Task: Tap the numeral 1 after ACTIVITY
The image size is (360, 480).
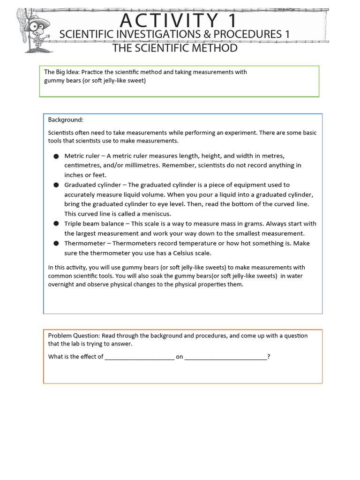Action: (230, 21)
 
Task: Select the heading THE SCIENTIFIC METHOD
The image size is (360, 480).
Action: (174, 48)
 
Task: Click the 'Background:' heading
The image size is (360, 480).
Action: (66, 120)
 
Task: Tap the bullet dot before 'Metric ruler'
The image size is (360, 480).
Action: (56, 156)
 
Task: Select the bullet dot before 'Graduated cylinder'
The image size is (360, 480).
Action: (56, 185)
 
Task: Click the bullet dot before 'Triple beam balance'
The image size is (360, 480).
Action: (56, 224)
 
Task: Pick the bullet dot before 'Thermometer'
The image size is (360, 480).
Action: (56, 243)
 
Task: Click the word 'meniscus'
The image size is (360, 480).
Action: (154, 214)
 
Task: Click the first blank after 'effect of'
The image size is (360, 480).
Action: (139, 357)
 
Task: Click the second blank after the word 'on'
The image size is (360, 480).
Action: (225, 357)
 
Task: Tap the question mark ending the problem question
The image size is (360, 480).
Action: (269, 357)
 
